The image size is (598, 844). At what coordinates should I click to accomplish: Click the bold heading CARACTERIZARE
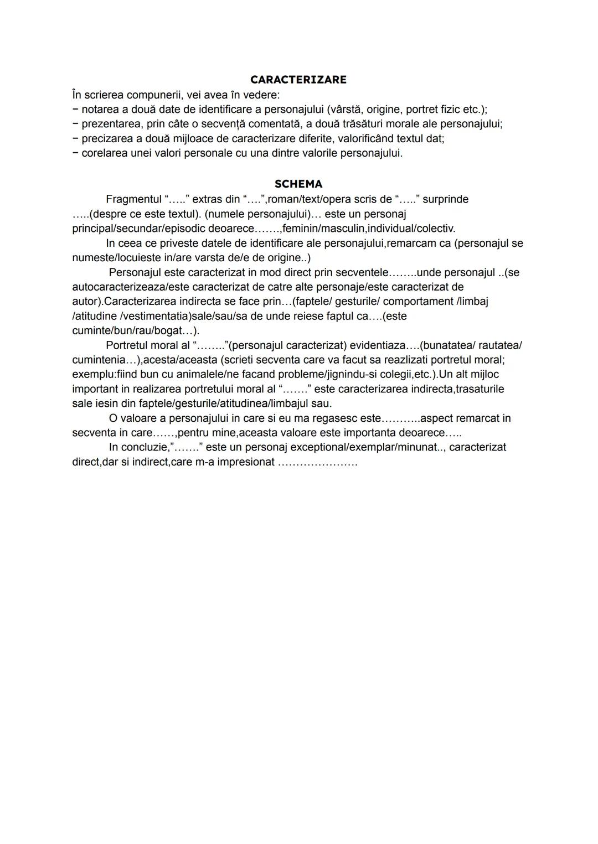pyautogui.click(x=298, y=80)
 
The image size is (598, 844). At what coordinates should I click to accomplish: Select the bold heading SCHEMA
pyautogui.click(x=298, y=184)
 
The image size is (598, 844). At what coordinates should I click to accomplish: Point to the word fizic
pyautogui.click(x=455, y=109)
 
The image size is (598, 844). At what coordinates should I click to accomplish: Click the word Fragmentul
pyautogui.click(x=133, y=199)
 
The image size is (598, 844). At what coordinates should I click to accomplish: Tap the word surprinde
pyautogui.click(x=446, y=199)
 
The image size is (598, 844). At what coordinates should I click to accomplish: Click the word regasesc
pyautogui.click(x=346, y=418)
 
